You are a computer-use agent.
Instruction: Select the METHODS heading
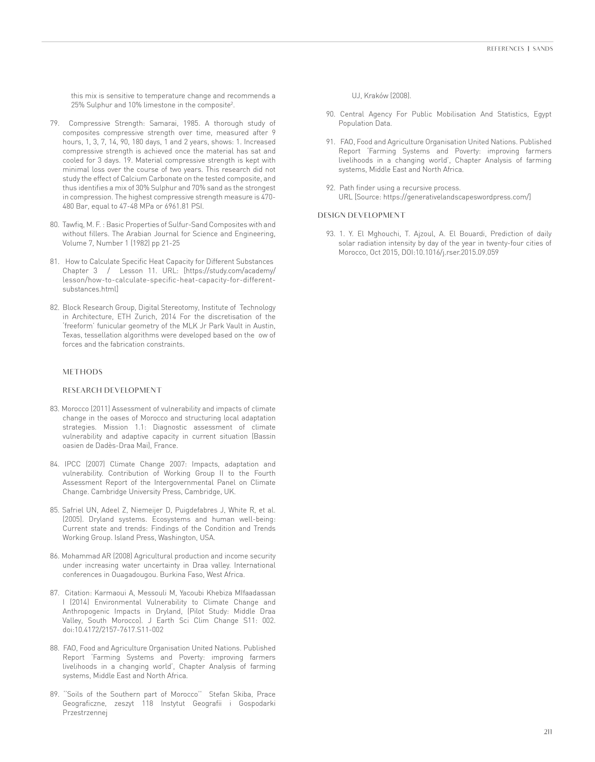(82, 372)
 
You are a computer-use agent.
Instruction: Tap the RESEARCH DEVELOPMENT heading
(112, 390)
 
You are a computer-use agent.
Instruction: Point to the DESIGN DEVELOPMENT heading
(361, 215)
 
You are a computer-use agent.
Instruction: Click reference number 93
(331, 234)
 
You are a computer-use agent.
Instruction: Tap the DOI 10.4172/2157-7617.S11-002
(113, 630)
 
